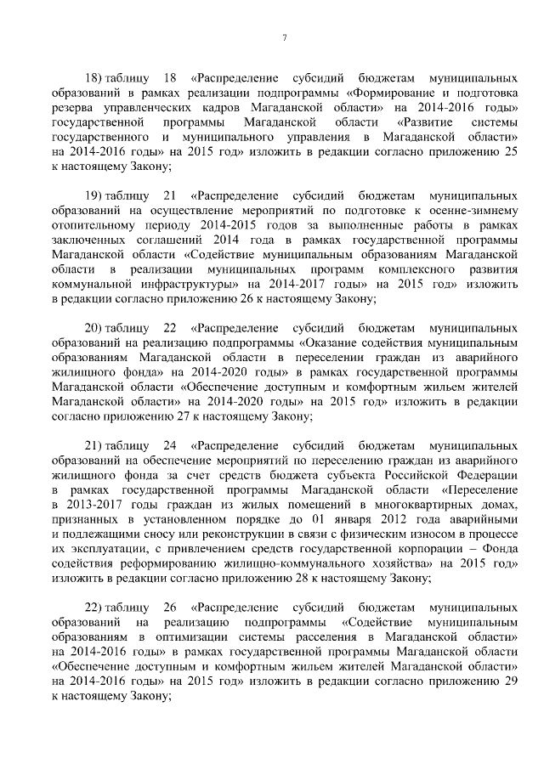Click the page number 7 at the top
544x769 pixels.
tap(285, 37)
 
